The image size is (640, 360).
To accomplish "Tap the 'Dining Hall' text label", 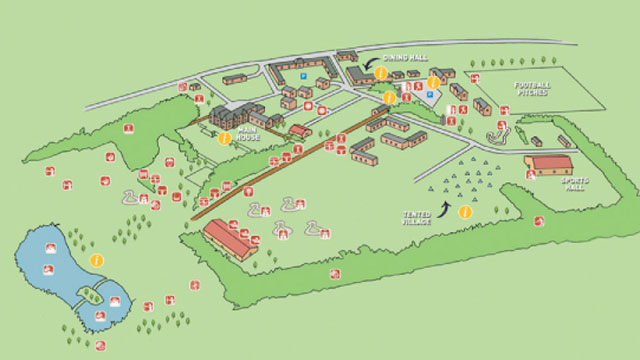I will tap(406, 57).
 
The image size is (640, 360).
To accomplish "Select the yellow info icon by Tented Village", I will tap(464, 211).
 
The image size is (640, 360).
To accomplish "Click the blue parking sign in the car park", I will tap(431, 95).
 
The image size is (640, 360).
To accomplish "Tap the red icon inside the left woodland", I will tap(128, 129).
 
